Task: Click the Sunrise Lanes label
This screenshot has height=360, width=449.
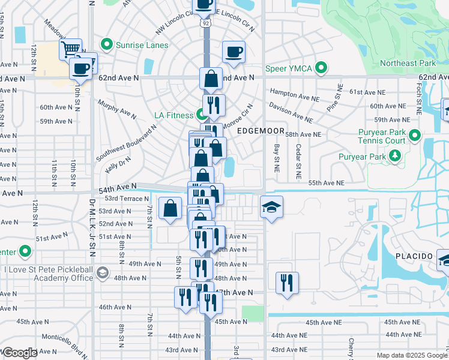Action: click(142, 44)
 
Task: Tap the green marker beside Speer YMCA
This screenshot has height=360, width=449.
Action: click(321, 68)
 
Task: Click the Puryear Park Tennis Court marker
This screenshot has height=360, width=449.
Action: click(415, 136)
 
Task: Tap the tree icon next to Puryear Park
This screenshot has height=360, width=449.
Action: click(394, 157)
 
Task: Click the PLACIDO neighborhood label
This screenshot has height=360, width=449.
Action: click(414, 256)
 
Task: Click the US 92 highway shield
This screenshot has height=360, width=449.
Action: click(206, 23)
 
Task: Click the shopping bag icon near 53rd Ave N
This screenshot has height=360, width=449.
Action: click(170, 208)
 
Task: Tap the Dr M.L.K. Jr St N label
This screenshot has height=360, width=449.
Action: click(92, 225)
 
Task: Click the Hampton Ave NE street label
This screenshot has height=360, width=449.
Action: click(295, 95)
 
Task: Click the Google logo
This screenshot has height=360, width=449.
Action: click(20, 353)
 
